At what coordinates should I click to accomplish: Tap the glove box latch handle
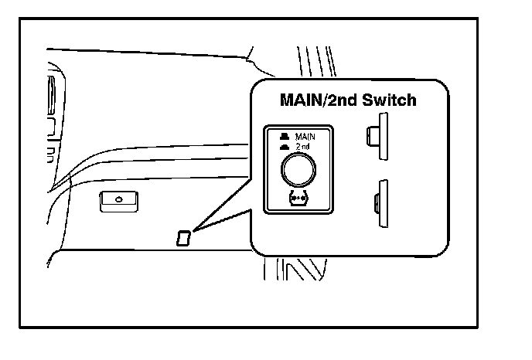pyautogui.click(x=118, y=201)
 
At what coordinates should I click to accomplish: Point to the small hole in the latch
pyautogui.click(x=118, y=199)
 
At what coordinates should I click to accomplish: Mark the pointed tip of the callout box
pyautogui.click(x=194, y=230)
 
